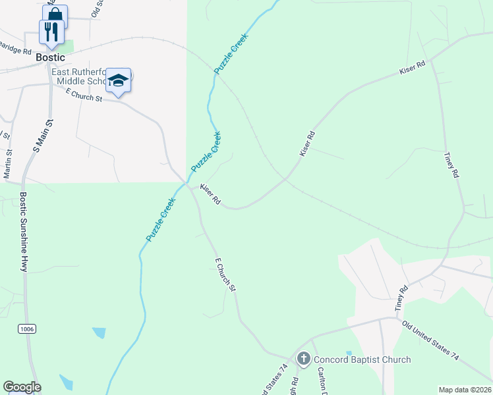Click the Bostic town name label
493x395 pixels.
point(51,57)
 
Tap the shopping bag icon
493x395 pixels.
point(55,14)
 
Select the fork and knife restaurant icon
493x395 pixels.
point(51,31)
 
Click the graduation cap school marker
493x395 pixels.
point(118,80)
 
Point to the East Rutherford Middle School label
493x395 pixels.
point(81,76)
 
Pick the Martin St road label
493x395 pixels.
point(9,164)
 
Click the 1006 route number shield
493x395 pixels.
point(26,327)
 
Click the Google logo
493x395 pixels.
point(22,387)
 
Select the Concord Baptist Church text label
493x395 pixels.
point(362,359)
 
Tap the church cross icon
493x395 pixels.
point(303,359)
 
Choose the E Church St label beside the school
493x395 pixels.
point(84,96)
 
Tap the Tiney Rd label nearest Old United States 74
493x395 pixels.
point(402,298)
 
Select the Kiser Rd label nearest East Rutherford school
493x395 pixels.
point(210,194)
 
